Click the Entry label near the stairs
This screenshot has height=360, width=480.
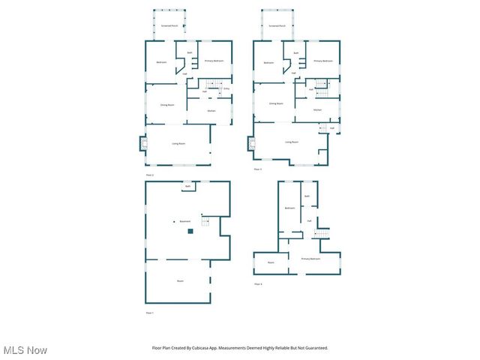226,88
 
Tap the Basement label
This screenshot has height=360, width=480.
184,221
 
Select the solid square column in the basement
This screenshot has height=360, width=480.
190,232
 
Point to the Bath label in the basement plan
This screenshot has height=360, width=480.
187,186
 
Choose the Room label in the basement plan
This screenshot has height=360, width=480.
180,280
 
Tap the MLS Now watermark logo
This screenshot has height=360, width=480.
25,350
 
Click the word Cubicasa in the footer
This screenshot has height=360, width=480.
202,348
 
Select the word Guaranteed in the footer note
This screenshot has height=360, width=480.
315,348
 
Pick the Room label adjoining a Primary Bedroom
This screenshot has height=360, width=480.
271,262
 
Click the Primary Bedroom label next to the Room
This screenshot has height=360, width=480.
310,259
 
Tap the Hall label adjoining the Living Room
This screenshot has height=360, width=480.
331,128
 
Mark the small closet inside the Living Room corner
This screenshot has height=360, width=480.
322,156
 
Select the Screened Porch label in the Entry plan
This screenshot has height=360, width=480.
169,25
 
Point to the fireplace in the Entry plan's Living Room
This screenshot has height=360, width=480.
142,142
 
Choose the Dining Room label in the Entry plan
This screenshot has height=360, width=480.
167,104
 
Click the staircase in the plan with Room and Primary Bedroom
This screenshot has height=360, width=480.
320,235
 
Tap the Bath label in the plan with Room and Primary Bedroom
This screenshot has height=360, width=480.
307,196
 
